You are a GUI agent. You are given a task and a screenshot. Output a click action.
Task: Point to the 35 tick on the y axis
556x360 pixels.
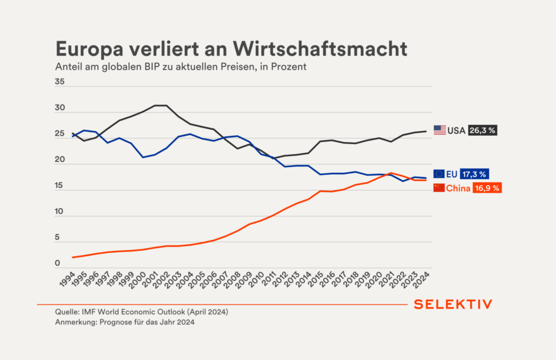pos(60,83)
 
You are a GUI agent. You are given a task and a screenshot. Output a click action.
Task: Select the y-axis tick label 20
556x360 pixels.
pos(60,161)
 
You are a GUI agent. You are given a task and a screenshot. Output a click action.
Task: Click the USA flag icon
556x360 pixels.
pos(440,130)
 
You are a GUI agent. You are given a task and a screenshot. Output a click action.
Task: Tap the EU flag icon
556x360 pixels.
pos(440,174)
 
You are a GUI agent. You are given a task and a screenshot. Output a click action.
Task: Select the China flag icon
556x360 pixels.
pos(439,188)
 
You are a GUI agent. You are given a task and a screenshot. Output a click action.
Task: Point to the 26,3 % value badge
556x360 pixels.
pos(482,130)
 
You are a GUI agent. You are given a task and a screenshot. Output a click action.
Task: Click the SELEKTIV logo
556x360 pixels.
pos(453,305)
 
